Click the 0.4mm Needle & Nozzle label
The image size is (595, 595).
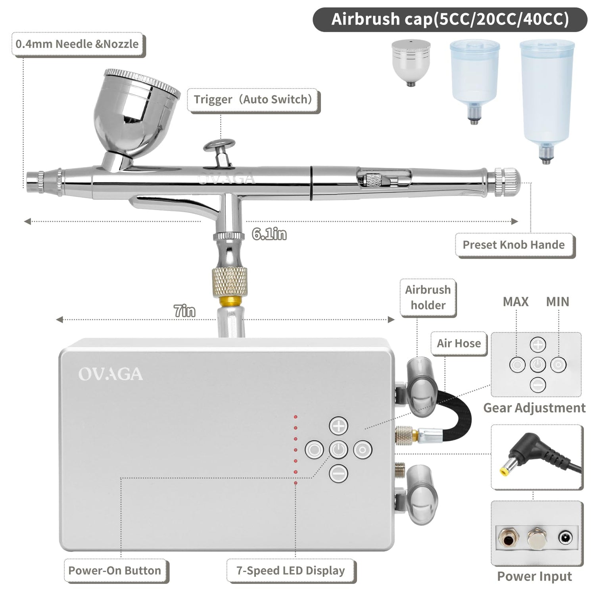(77, 44)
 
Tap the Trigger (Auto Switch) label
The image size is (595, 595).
(253, 100)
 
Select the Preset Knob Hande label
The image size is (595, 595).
(514, 245)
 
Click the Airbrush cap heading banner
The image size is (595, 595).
(450, 19)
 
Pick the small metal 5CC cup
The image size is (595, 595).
(411, 61)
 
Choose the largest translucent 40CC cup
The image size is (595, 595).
(547, 95)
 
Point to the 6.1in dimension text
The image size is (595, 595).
(269, 234)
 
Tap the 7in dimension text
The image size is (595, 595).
(184, 311)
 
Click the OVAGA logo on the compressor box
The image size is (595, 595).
(110, 374)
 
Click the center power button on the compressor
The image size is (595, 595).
(338, 450)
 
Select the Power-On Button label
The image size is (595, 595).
(115, 571)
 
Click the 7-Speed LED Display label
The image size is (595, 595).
(291, 571)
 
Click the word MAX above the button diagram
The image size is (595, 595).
(516, 302)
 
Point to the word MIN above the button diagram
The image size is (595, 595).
(557, 302)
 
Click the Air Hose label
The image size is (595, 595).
(459, 344)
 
